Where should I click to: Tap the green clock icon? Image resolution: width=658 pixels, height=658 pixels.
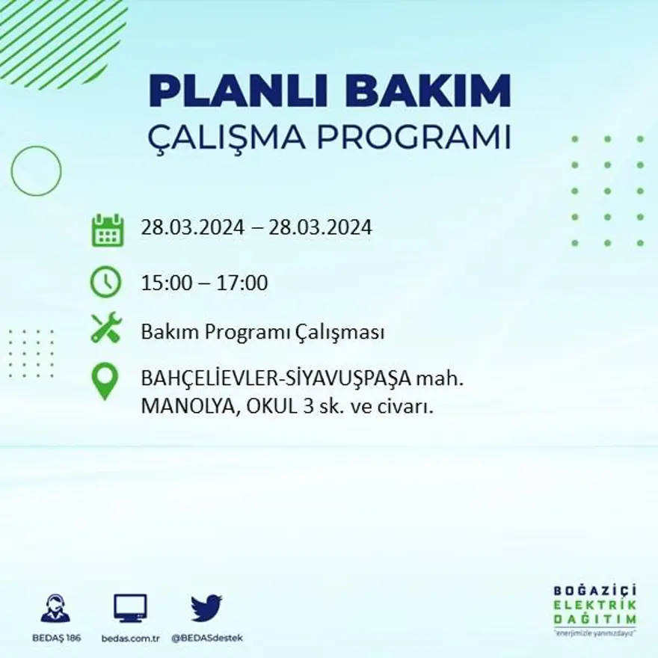coord(105,282)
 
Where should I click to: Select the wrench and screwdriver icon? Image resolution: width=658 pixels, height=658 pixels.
coord(105,328)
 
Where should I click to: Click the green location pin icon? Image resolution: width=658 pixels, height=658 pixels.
coord(105,381)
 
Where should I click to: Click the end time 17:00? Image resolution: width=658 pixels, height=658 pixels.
coord(243,283)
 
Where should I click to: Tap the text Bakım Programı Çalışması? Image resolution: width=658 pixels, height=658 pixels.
coord(262,333)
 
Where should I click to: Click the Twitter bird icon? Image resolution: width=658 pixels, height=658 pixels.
coord(206,608)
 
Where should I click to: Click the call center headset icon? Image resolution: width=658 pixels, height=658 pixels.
coord(55,609)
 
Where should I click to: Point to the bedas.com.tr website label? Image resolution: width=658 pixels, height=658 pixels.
coord(131,638)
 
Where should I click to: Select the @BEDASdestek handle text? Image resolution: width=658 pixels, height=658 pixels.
coord(207,638)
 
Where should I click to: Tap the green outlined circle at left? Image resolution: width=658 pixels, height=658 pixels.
coord(36,171)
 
